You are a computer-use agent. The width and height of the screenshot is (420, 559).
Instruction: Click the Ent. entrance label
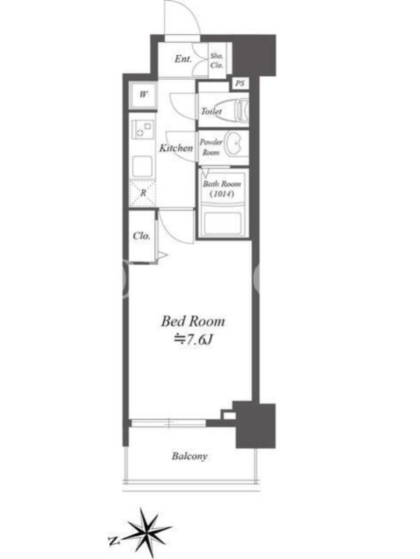[183, 59]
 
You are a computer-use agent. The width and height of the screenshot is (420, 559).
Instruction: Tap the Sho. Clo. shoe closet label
[216, 61]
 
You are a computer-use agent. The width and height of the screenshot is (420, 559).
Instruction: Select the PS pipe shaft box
[240, 83]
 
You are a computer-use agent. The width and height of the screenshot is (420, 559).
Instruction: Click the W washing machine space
[143, 95]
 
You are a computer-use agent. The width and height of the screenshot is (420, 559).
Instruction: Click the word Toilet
[211, 111]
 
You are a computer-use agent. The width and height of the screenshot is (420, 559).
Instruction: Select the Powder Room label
[211, 147]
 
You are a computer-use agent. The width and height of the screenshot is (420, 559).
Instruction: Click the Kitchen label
[176, 147]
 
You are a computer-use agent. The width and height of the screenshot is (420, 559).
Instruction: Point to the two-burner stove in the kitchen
[143, 129]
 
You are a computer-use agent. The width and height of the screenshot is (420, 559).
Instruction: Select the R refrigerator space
[143, 193]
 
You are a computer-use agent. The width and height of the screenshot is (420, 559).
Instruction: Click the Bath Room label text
[222, 184]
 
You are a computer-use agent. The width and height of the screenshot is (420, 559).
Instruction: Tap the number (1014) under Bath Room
[222, 194]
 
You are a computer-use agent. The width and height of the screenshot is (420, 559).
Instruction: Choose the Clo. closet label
[141, 235]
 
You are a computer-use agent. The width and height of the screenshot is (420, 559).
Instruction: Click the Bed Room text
[193, 321]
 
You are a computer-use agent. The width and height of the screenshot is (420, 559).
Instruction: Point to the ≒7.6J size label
[193, 340]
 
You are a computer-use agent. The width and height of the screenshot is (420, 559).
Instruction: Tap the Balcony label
[189, 456]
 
